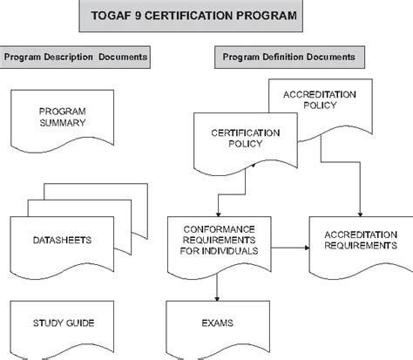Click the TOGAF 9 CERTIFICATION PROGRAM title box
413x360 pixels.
[191, 16]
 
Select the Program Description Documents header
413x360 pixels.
[75, 58]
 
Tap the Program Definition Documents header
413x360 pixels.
[289, 58]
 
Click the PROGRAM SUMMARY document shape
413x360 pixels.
[62, 120]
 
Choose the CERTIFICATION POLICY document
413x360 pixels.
[246, 142]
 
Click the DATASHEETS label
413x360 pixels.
[62, 241]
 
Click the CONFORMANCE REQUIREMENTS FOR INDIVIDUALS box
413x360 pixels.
[220, 246]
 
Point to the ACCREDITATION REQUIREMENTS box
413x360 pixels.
[361, 246]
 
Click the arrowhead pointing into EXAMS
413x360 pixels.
[217, 298]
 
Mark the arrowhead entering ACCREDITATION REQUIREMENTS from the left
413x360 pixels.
[307, 248]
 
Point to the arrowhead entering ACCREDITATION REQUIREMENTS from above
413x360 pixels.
[360, 214]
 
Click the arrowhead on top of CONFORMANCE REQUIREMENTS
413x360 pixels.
[219, 214]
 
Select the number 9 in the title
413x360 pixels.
[138, 16]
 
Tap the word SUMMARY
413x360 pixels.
[63, 123]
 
